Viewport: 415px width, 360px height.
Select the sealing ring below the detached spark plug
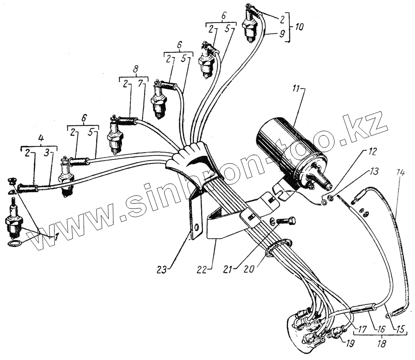(x=14, y=243)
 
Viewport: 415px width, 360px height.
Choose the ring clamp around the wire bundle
(x=276, y=247)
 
